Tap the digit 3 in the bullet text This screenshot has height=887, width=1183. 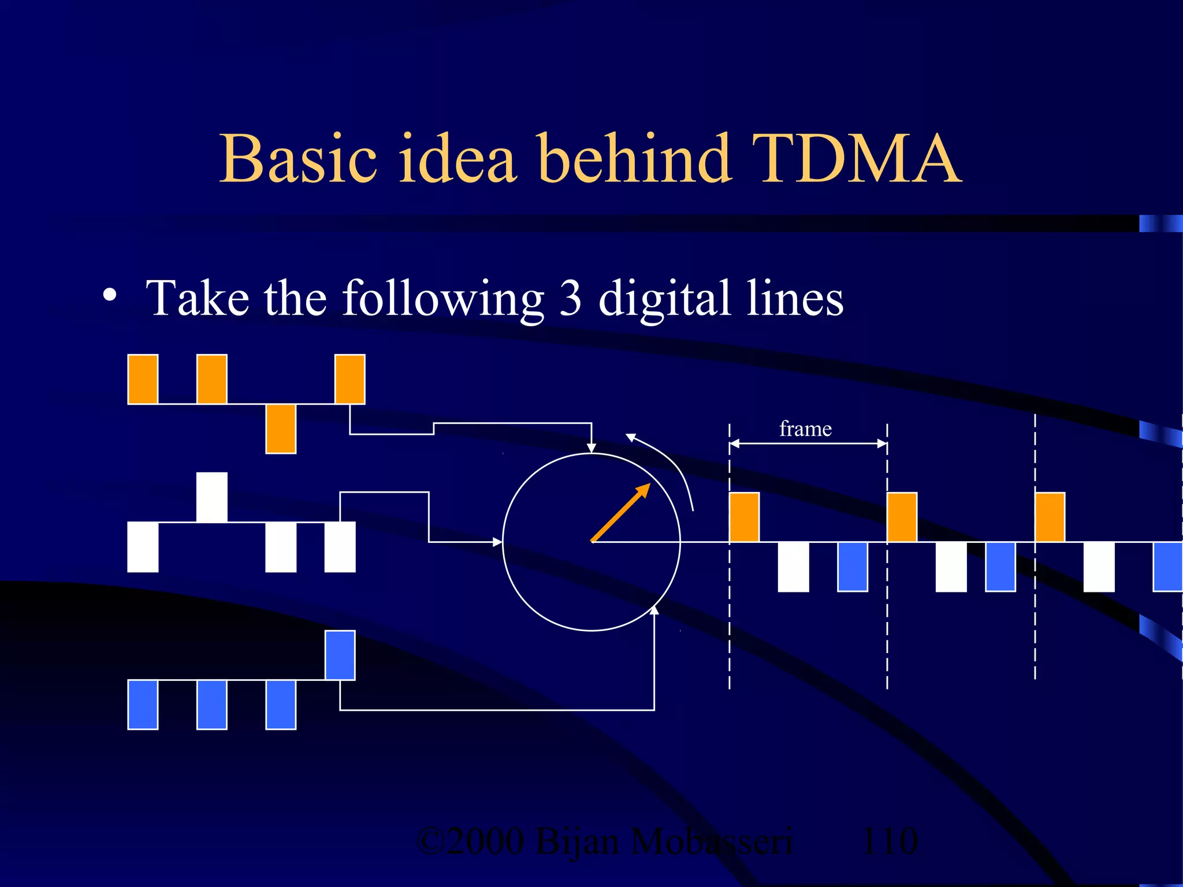570,298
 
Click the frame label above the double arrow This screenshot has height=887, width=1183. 805,429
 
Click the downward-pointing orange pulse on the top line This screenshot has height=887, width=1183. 281,428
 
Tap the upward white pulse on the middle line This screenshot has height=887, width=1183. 212,497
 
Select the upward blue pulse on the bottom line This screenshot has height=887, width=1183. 340,655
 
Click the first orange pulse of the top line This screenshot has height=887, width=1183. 143,379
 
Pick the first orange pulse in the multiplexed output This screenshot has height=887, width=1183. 744,517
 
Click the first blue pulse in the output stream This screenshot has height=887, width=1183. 852,567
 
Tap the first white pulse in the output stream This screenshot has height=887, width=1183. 793,567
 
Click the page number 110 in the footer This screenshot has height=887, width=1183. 889,841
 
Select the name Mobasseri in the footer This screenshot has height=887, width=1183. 711,841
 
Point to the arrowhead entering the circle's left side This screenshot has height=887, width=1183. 497,542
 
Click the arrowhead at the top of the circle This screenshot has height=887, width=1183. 591,448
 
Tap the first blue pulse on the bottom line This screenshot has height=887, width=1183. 143,705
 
